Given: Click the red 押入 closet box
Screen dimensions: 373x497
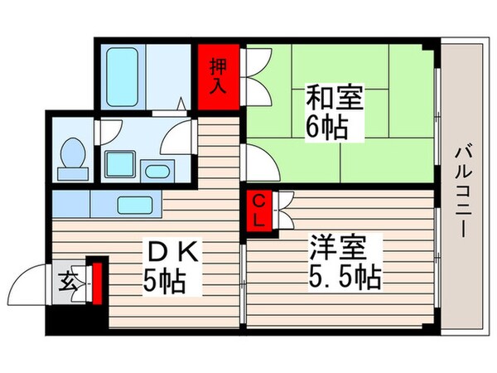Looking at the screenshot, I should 219,74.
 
